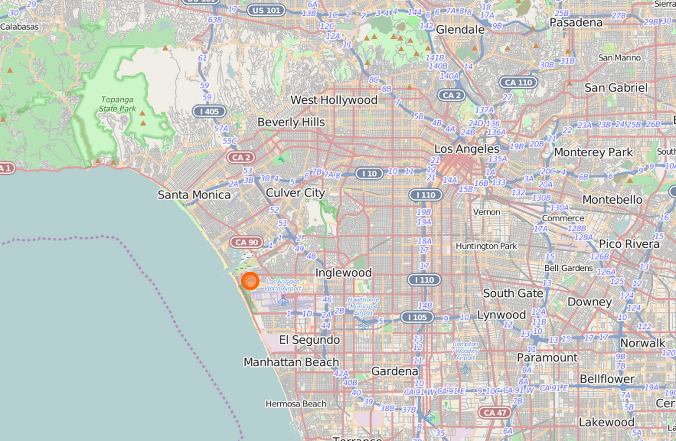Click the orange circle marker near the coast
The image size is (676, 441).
tap(250, 281)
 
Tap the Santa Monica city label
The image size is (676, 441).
tap(194, 195)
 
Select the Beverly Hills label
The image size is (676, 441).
tap(291, 122)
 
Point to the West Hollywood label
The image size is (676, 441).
tap(334, 100)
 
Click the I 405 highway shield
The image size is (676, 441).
tap(209, 111)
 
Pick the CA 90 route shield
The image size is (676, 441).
tap(247, 242)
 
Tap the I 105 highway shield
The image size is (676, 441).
tap(417, 317)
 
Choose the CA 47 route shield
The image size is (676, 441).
tap(495, 412)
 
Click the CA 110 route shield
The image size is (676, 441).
tap(518, 82)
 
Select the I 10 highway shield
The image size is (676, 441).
tap(369, 173)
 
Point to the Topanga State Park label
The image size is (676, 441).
tap(118, 104)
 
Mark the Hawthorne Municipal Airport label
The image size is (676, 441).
tap(364, 306)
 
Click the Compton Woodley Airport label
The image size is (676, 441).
tap(465, 351)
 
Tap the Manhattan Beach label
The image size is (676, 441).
tap(291, 362)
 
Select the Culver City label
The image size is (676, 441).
tap(295, 193)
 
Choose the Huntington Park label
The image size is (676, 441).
tap(486, 246)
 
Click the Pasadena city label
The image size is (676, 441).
tap(576, 23)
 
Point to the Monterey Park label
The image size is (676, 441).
tap(593, 152)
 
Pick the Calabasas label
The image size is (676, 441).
tap(20, 27)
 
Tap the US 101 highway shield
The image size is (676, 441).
tap(266, 10)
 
